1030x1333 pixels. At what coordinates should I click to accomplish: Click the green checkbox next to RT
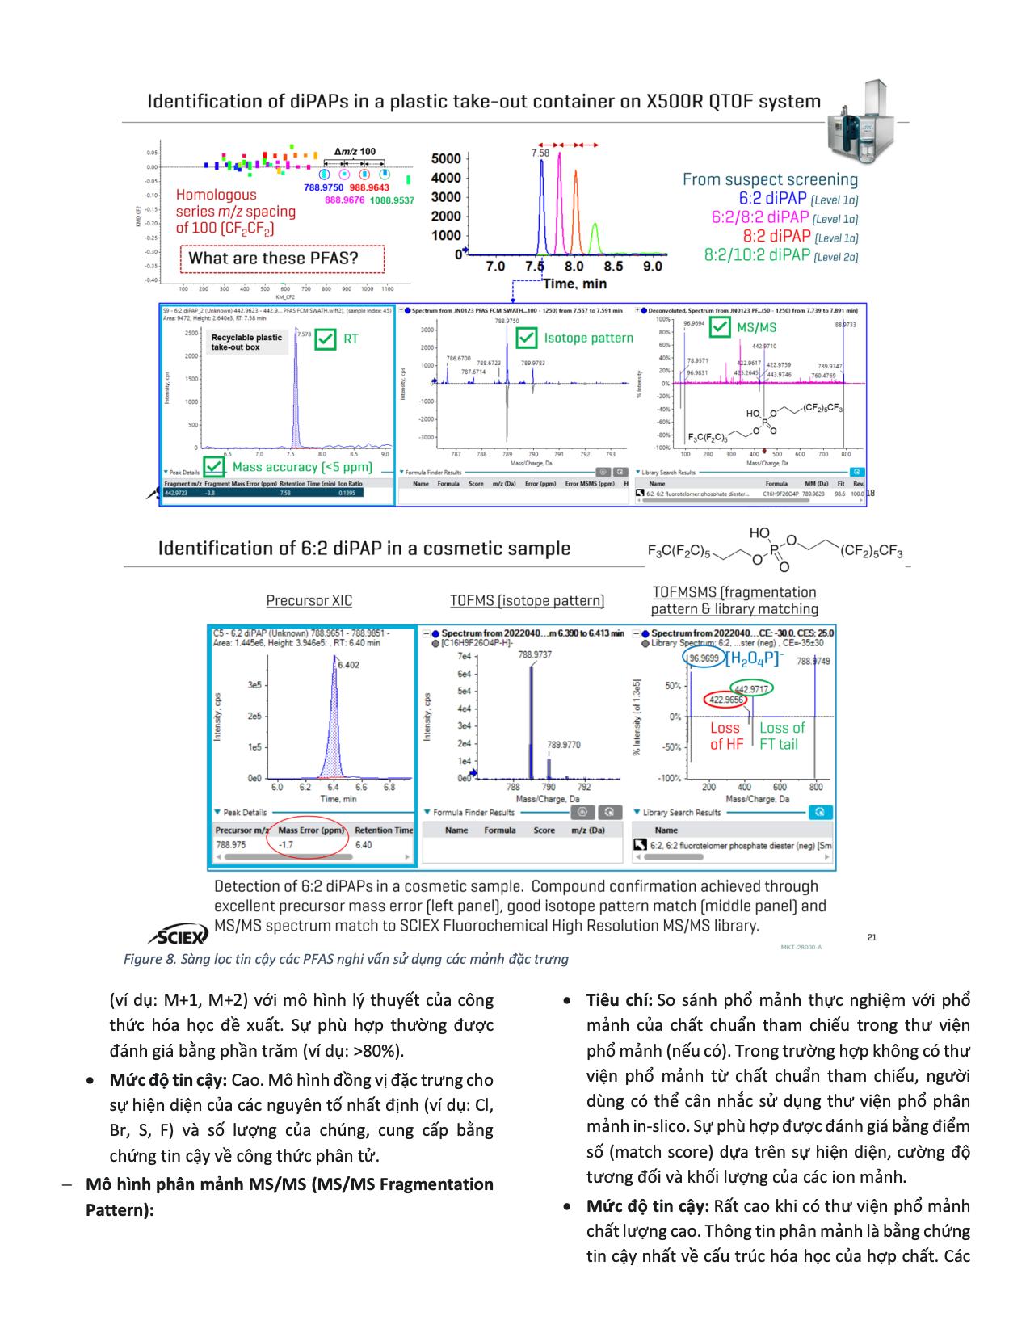326,339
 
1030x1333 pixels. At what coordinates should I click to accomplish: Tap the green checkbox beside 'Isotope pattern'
526,338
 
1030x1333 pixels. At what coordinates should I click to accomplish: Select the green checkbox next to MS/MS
719,327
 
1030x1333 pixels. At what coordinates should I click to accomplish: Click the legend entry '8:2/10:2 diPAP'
757,255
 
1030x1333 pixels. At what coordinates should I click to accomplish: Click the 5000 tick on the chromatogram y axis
446,159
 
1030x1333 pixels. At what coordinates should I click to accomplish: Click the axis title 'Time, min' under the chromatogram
574,284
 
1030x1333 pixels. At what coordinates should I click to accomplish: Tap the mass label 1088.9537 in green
392,200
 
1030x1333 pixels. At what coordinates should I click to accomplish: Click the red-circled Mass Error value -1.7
285,845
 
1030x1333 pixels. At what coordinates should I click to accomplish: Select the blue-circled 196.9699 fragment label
702,659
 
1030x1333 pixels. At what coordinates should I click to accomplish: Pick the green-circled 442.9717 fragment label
751,689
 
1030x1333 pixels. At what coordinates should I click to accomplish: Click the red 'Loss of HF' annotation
725,736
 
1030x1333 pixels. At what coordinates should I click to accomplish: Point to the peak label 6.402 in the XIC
349,665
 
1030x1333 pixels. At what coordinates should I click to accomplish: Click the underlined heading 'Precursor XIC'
309,601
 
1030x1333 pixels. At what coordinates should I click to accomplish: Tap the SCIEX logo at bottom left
179,936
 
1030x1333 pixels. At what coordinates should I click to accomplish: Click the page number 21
872,937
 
